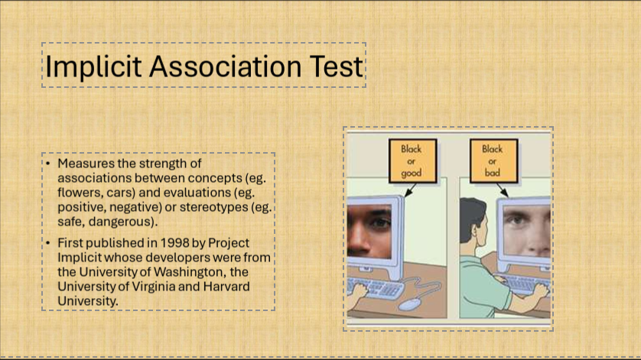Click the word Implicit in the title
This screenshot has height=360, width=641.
[x=93, y=66]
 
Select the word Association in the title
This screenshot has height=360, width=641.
[x=226, y=66]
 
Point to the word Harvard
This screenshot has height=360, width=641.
[x=226, y=286]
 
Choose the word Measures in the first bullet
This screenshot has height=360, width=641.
[x=86, y=164]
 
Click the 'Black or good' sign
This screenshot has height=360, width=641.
[x=412, y=161]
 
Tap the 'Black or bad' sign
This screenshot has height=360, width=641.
[x=494, y=161]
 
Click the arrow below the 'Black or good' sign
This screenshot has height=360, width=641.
[x=410, y=190]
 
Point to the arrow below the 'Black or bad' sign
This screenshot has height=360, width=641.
[x=503, y=190]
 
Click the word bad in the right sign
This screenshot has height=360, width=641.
[x=492, y=173]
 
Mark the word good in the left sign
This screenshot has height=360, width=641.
[x=412, y=174]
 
